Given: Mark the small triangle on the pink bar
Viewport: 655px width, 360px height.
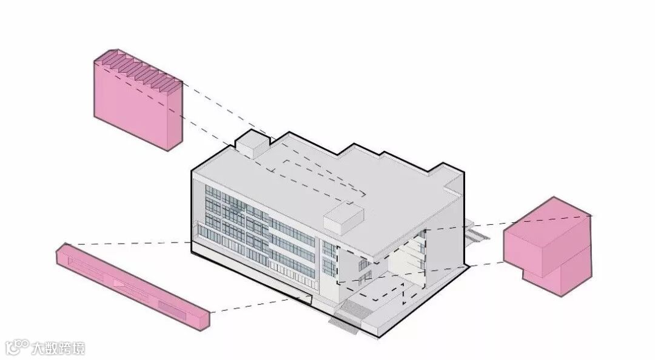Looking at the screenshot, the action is (x=119, y=282).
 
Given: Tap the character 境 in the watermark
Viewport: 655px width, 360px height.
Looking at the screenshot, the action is (x=78, y=348).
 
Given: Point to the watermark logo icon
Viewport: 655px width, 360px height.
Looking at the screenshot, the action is (x=16, y=347).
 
